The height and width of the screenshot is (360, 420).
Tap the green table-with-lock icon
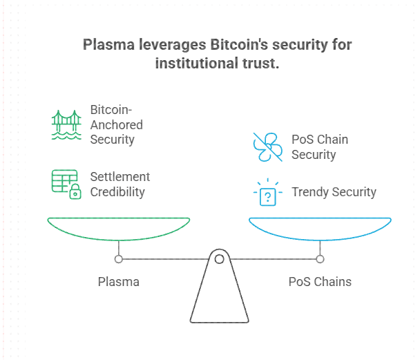pos(66,184)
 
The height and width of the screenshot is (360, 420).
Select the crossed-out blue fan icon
pos(267,146)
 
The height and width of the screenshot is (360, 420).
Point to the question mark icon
pos(267,194)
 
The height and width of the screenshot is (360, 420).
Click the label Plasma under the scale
pos(118,281)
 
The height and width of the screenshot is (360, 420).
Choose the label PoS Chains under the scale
pos(320,281)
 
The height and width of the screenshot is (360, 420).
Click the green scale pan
pos(118,228)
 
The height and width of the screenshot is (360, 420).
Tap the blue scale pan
pos(320,228)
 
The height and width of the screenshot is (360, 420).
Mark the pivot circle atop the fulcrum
pos(219,259)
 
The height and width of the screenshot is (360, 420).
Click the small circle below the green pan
pos(118,259)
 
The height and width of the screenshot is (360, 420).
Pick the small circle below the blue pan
pos(320,259)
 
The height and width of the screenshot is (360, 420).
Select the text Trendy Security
pos(334,191)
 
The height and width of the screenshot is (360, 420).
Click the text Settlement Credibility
pos(120,184)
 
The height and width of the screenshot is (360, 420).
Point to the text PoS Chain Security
pos(320,146)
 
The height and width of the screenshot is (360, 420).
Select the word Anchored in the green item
pos(116,125)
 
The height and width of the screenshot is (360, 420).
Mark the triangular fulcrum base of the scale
pos(219,297)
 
